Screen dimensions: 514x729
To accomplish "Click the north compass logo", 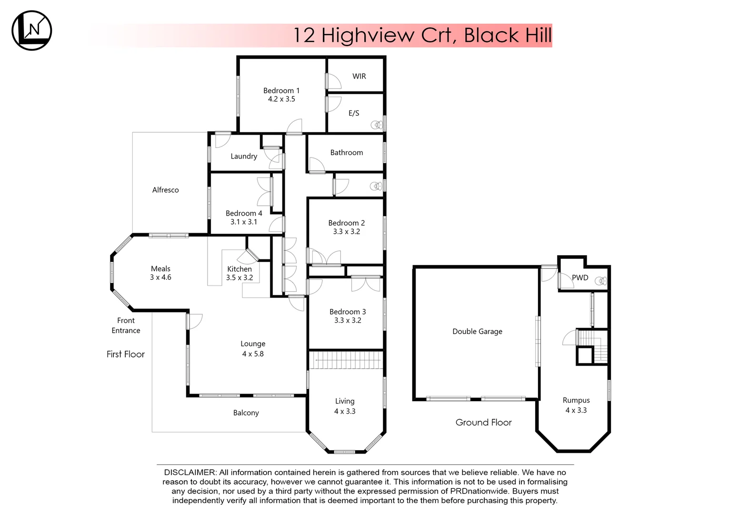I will point(31,30).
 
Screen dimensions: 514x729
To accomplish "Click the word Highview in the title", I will point(368,35).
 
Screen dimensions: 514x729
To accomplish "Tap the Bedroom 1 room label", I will point(281,90).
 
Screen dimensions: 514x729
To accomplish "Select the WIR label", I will point(359,76).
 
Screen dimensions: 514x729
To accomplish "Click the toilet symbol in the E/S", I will point(377,125).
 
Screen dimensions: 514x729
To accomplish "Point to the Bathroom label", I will point(346,152).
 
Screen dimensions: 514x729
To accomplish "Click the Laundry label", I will point(243,156).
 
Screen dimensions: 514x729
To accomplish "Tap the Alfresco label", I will point(165,190).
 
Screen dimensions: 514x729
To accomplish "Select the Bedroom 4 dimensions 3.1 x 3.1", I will point(243,222).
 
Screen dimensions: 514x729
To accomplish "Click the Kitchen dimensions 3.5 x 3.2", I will point(239,277).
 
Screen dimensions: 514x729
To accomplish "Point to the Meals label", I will point(160,269).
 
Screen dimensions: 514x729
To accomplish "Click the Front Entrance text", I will point(126,326).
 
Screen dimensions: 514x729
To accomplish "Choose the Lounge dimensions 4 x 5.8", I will point(252,354).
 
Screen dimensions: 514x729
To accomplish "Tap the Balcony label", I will point(246,413).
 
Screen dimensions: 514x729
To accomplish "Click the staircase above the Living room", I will point(346,360).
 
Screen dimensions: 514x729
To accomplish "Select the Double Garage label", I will point(477,331).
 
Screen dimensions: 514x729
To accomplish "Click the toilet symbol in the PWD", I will point(601,281).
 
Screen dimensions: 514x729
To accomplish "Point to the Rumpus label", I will point(576,400).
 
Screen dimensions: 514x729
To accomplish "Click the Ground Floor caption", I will point(483,422).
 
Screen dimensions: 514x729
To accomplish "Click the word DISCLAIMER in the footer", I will point(190,473).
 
